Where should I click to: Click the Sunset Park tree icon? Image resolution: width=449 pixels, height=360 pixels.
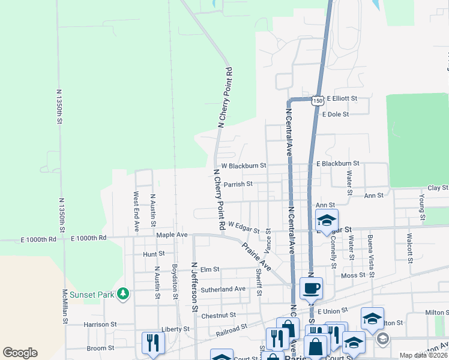pyautogui.click(x=123, y=293)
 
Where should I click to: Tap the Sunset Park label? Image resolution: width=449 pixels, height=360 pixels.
pyautogui.click(x=91, y=295)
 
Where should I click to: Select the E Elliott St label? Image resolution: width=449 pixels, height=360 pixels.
pyautogui.click(x=342, y=98)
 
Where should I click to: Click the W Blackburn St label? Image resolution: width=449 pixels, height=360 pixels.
pyautogui.click(x=244, y=165)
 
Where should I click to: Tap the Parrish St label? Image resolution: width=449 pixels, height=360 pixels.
pyautogui.click(x=238, y=184)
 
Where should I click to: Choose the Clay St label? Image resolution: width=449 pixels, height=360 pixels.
pyautogui.click(x=438, y=188)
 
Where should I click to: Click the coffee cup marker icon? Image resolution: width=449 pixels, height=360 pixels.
pyautogui.click(x=312, y=289)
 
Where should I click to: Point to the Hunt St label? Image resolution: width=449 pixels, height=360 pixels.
pyautogui.click(x=154, y=254)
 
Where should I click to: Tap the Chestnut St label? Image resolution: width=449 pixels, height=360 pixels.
pyautogui.click(x=219, y=315)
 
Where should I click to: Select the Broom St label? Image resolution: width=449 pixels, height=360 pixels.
pyautogui.click(x=100, y=348)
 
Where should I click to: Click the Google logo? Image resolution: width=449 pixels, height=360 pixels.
pyautogui.click(x=20, y=352)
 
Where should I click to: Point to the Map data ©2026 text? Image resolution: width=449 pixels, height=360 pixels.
pyautogui.click(x=424, y=355)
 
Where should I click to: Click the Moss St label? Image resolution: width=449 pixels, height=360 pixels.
pyautogui.click(x=353, y=275)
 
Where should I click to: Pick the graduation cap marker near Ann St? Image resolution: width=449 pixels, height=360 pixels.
pyautogui.click(x=326, y=220)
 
